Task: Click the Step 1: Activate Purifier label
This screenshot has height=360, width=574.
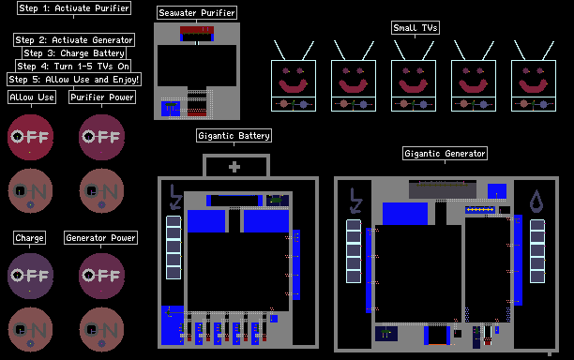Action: (x=74, y=8)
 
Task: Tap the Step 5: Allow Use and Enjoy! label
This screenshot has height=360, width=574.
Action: (x=74, y=80)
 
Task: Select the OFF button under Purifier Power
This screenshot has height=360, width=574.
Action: (x=102, y=137)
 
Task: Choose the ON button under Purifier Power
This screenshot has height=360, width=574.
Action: (x=102, y=190)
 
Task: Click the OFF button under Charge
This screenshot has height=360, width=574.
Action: (x=30, y=276)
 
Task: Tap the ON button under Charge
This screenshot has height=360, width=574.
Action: (x=30, y=330)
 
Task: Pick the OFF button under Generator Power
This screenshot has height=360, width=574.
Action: (x=102, y=276)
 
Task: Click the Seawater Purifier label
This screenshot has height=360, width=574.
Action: (x=197, y=13)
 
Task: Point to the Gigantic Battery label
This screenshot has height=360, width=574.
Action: (x=234, y=136)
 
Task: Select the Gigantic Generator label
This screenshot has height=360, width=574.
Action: (x=445, y=154)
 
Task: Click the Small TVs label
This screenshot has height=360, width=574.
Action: (x=415, y=28)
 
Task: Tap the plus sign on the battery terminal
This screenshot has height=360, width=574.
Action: (x=234, y=167)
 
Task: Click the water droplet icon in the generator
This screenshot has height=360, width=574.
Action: (x=536, y=202)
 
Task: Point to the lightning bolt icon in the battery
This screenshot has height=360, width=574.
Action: (x=175, y=197)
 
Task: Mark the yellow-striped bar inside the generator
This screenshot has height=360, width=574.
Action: (x=480, y=210)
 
